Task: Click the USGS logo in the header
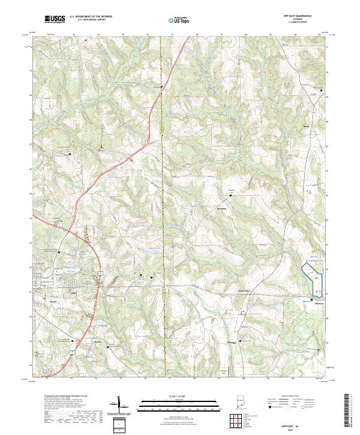point(55,19)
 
